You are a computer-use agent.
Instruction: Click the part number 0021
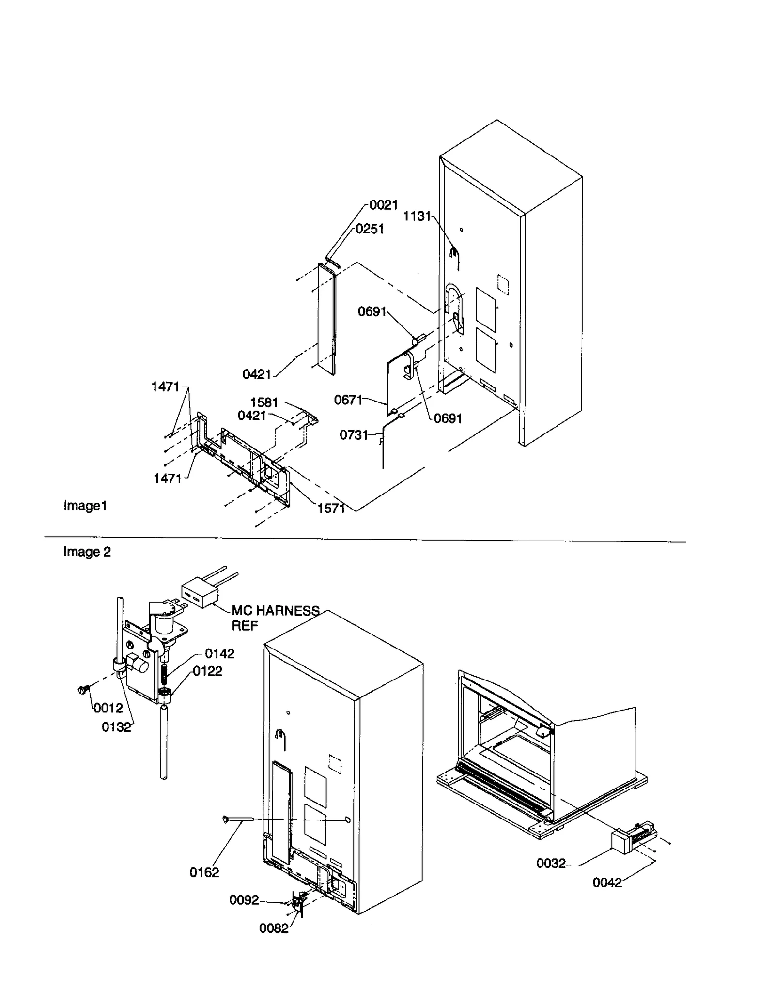click(383, 205)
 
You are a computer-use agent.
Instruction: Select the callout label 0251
click(370, 229)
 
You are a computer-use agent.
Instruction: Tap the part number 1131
click(417, 216)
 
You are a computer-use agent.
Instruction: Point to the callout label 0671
click(348, 400)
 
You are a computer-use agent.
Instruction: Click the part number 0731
click(354, 435)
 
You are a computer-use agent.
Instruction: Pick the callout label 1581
click(264, 402)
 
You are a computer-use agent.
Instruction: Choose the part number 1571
click(331, 509)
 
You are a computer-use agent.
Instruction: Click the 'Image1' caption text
click(85, 506)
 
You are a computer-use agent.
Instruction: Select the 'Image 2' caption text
click(87, 552)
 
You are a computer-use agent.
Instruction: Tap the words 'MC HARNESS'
click(275, 611)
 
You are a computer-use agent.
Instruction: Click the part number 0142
click(219, 654)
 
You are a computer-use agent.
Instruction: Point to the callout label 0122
click(207, 671)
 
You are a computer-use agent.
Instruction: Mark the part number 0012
click(108, 709)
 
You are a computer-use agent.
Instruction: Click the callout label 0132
click(116, 727)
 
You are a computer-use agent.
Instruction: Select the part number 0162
click(204, 872)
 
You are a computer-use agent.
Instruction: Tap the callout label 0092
click(244, 900)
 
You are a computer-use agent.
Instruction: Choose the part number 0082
click(274, 928)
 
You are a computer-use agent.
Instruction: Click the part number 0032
click(551, 864)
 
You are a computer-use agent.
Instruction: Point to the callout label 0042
click(607, 882)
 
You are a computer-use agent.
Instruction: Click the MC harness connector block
click(199, 594)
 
